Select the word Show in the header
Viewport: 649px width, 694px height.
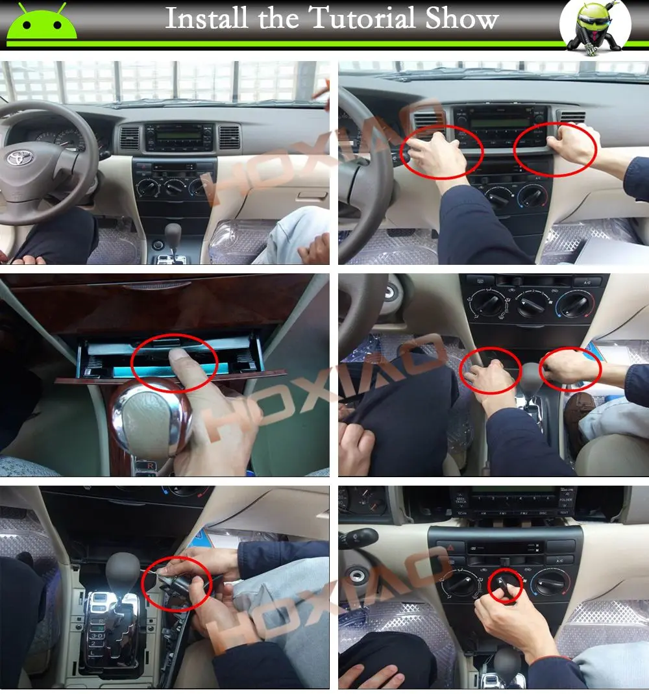[462, 19]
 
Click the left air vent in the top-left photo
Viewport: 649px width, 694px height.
[129, 138]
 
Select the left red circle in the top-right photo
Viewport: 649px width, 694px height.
[441, 151]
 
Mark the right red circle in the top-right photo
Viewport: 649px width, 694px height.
[555, 146]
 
